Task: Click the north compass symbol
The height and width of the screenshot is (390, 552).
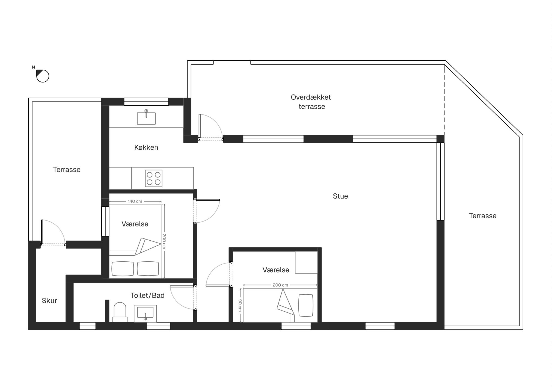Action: (43, 76)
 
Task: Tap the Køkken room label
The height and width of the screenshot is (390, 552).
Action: (146, 147)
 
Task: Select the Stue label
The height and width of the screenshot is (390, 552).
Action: (340, 196)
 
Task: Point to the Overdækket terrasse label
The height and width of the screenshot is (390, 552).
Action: (311, 102)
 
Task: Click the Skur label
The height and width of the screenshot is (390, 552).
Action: (49, 301)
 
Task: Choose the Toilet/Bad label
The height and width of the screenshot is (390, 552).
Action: (147, 296)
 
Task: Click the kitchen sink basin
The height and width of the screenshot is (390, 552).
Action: (146, 118)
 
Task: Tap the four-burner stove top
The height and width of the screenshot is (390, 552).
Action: (154, 178)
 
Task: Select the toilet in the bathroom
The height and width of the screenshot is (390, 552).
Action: (120, 312)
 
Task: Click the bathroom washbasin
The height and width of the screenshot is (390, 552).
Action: (145, 313)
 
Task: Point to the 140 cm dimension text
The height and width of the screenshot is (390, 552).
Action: (135, 201)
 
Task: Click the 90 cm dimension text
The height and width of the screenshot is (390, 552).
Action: (240, 305)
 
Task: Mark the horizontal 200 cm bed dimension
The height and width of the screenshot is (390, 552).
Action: (280, 285)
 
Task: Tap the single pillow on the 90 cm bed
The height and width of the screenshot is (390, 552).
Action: (306, 305)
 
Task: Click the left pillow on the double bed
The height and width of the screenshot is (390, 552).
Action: (123, 268)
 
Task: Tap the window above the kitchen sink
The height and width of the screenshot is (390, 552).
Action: (146, 102)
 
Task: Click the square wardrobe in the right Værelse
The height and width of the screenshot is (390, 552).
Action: (306, 262)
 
